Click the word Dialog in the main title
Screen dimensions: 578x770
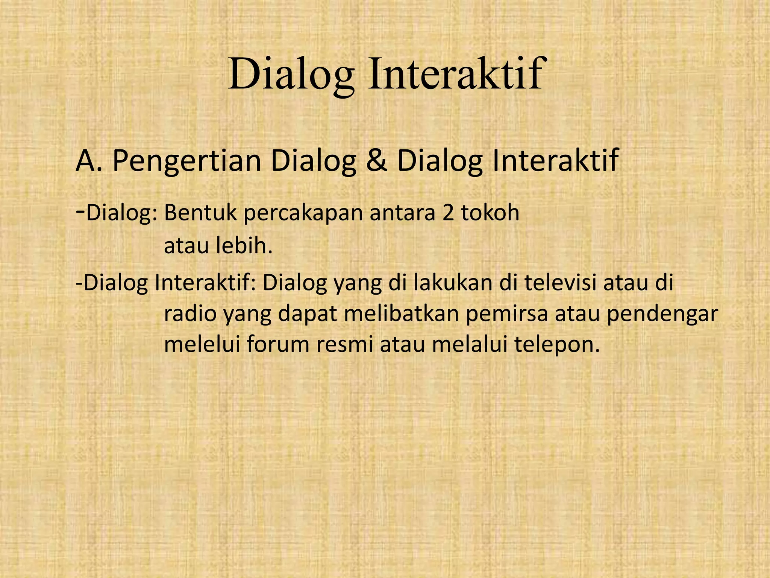point(291,74)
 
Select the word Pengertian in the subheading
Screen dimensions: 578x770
point(187,161)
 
